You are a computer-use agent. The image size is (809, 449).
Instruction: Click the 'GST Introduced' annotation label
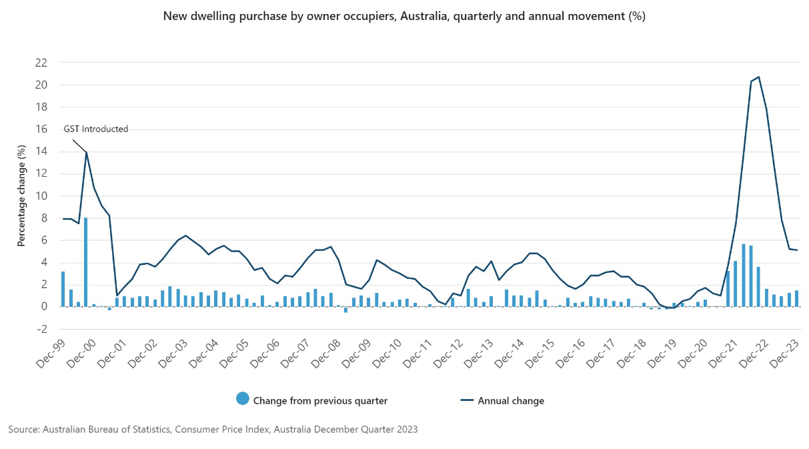(96, 129)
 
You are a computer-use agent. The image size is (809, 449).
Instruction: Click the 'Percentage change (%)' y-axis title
(21, 196)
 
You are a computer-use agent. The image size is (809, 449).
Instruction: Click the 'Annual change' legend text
(511, 401)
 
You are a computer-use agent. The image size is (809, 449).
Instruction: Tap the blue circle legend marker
(242, 400)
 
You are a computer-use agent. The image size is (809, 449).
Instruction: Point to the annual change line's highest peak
(758, 77)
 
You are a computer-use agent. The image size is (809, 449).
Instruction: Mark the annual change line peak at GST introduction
(86, 152)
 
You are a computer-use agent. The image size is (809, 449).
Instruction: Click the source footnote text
(213, 430)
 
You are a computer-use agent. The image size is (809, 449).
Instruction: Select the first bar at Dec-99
(63, 289)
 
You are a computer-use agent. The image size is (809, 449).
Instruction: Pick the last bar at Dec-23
(796, 298)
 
